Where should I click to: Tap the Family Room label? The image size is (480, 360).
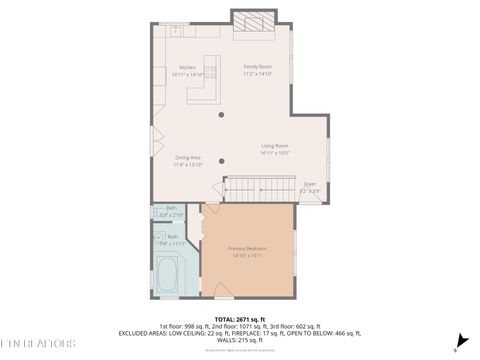click(257, 67)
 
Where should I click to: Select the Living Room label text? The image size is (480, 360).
click(275, 146)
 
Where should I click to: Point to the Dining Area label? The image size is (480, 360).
click(188, 157)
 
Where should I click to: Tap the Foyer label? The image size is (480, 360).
click(310, 183)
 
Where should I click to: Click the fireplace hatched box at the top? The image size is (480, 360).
click(254, 21)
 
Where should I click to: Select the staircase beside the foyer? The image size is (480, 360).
click(260, 188)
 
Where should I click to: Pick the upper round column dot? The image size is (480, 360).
click(222, 115)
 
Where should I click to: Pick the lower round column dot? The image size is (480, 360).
click(222, 161)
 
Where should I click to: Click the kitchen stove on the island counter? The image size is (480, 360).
click(210, 72)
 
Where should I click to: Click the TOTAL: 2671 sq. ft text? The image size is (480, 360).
click(239, 317)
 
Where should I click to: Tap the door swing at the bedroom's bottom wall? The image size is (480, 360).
click(223, 290)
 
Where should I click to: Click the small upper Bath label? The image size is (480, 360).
click(171, 208)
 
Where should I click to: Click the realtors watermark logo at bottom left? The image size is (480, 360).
click(38, 343)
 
